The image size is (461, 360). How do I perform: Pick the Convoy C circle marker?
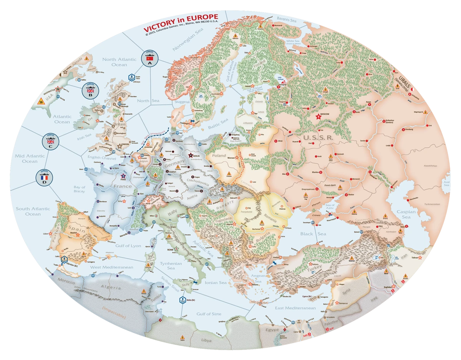(50, 142)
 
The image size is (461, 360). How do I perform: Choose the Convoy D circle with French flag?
(44, 178)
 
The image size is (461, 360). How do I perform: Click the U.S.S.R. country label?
(317, 137)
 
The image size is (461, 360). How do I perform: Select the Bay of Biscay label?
(79, 189)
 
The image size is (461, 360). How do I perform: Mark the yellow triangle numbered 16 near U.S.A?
(41, 101)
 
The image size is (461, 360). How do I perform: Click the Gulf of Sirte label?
(206, 314)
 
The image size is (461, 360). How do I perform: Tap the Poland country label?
(219, 156)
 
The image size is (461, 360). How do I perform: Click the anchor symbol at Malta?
(179, 300)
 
